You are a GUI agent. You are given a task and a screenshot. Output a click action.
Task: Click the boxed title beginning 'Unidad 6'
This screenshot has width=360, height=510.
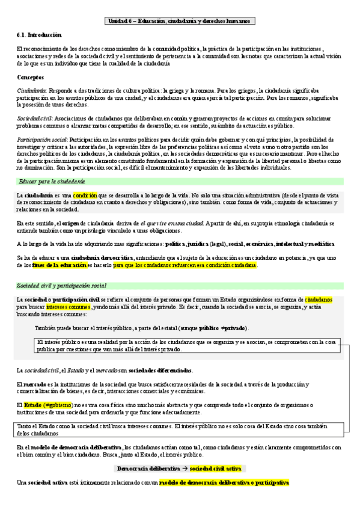[180, 21]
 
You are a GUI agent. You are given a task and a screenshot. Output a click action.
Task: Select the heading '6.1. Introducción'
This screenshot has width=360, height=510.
[38, 35]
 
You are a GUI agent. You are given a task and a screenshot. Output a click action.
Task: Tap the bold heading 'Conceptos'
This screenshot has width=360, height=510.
[30, 78]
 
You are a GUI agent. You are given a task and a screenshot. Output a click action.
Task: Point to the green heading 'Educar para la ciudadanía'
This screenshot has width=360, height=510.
[52, 181]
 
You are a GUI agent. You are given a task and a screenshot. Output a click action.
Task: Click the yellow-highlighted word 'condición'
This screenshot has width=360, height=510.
[85, 195]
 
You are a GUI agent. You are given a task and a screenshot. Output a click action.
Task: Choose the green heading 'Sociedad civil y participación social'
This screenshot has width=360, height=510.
[62, 285]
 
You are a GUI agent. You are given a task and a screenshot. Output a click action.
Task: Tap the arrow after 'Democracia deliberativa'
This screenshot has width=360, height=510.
[169, 468]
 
